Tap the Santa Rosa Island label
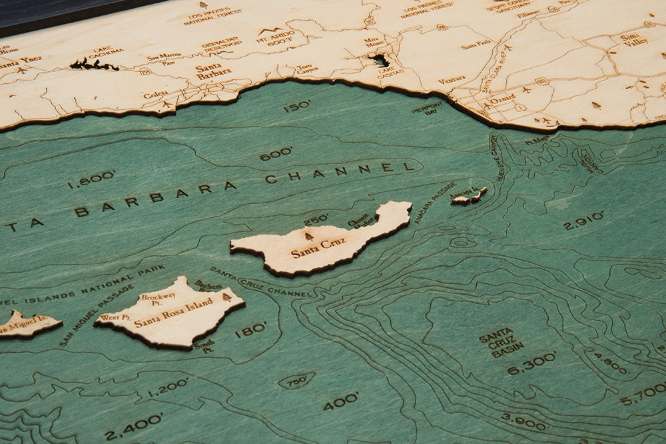pos(174,313)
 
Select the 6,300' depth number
pos(531,363)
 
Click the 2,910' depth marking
pos(583,221)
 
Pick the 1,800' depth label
pos(91,179)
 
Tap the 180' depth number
pos(250,329)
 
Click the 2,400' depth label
pos(133,423)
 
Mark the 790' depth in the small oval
pos(296,381)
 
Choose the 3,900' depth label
pos(524,421)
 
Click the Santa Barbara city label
pos(213,71)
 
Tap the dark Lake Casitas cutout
pos(381,60)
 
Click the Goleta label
pos(155,95)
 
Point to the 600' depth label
pos(276,153)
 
